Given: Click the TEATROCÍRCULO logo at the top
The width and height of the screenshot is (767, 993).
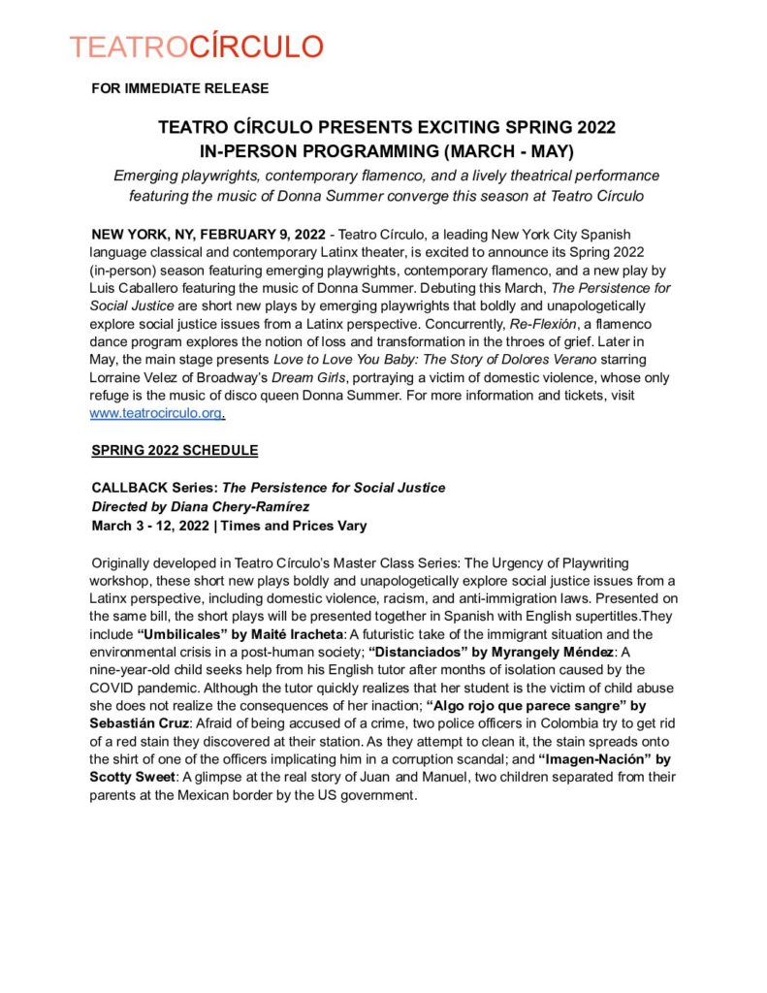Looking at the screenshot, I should pos(197,47).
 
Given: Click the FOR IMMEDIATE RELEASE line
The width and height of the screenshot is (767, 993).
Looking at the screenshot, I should pos(179,89).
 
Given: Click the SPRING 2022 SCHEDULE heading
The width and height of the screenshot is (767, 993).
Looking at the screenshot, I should pos(175,451).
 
